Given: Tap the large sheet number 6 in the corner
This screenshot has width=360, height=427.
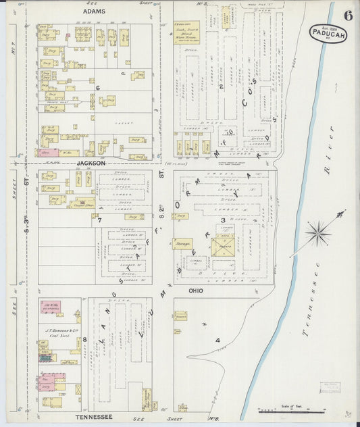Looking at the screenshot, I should coord(347,16).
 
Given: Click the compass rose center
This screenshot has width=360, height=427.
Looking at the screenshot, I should coord(317,234).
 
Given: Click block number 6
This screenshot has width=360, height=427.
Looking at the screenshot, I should coord(98,88).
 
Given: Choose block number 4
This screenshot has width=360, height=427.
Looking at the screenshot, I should coord(217,340).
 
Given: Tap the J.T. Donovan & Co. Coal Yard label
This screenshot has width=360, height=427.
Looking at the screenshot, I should coord(59,330).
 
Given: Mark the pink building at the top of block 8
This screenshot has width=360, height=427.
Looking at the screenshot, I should coord(51,307).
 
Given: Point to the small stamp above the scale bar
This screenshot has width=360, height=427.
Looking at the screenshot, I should coord(331,387).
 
